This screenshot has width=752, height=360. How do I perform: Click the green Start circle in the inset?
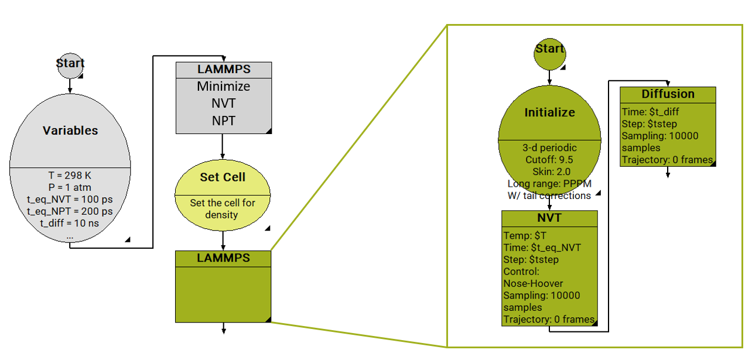point(549,50)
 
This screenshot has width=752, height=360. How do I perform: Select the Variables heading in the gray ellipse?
point(70,131)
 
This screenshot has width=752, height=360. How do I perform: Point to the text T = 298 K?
point(70,176)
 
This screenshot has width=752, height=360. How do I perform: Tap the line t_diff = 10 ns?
point(70,223)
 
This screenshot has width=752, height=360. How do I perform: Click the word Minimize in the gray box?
point(223,87)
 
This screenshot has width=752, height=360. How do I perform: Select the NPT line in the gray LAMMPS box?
point(223,121)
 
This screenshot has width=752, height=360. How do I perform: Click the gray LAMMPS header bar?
point(223,70)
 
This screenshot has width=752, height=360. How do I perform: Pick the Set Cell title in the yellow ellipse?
point(223,177)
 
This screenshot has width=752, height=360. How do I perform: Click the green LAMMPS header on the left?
point(223,258)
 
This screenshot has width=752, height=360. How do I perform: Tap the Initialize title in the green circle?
point(549,112)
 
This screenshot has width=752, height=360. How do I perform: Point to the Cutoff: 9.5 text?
point(549,159)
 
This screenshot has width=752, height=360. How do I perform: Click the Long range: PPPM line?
point(549,184)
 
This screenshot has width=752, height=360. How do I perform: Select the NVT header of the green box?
point(549,218)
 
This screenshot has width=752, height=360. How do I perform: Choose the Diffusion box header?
point(668,94)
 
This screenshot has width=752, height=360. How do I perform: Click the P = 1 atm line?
point(70,187)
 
